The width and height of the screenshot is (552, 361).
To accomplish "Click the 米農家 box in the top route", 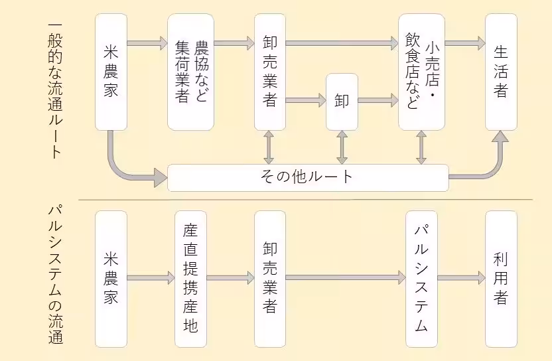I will pyautogui.click(x=111, y=72).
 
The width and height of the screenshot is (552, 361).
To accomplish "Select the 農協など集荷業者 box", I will pyautogui.click(x=190, y=72).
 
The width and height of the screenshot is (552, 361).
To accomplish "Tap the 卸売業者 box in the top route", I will pyautogui.click(x=270, y=72).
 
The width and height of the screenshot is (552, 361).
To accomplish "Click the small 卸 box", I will pyautogui.click(x=342, y=102).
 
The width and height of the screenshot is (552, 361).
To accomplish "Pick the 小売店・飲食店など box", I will pyautogui.click(x=421, y=72).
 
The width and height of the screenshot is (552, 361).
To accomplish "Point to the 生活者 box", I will pyautogui.click(x=501, y=72).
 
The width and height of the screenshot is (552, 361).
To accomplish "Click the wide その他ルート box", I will pyautogui.click(x=308, y=177).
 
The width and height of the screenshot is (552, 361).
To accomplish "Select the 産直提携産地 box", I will pyautogui.click(x=190, y=279).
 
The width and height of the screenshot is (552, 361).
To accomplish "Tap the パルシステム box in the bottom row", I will pyautogui.click(x=421, y=279).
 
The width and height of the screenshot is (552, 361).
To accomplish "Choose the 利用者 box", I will pyautogui.click(x=501, y=279).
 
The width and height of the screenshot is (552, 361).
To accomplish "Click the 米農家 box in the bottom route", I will pyautogui.click(x=111, y=279).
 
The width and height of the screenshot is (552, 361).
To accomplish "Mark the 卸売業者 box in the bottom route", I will pyautogui.click(x=270, y=279).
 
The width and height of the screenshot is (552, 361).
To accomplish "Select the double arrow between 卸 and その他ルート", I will pyautogui.click(x=342, y=147).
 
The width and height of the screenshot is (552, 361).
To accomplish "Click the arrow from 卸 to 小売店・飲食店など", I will pyautogui.click(x=378, y=102).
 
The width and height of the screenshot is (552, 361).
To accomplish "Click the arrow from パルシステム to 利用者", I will pyautogui.click(x=461, y=278).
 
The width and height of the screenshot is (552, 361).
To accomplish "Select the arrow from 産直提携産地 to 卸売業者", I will pyautogui.click(x=230, y=278).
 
